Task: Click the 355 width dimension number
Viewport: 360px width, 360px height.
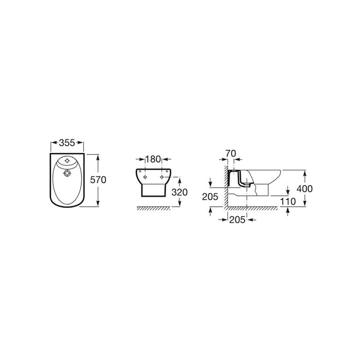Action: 67,143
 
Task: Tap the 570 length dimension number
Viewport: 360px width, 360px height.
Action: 98,180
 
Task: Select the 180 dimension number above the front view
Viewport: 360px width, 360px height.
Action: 153,159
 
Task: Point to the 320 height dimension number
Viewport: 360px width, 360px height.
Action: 179,192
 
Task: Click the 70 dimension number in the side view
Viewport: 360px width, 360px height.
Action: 230,153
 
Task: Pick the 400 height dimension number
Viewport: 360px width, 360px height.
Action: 304,189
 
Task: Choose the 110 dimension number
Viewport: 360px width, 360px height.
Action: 288,202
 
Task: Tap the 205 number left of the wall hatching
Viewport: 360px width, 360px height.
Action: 210,197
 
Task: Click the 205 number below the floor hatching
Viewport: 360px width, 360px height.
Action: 238,220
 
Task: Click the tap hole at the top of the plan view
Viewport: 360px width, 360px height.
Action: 67,160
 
